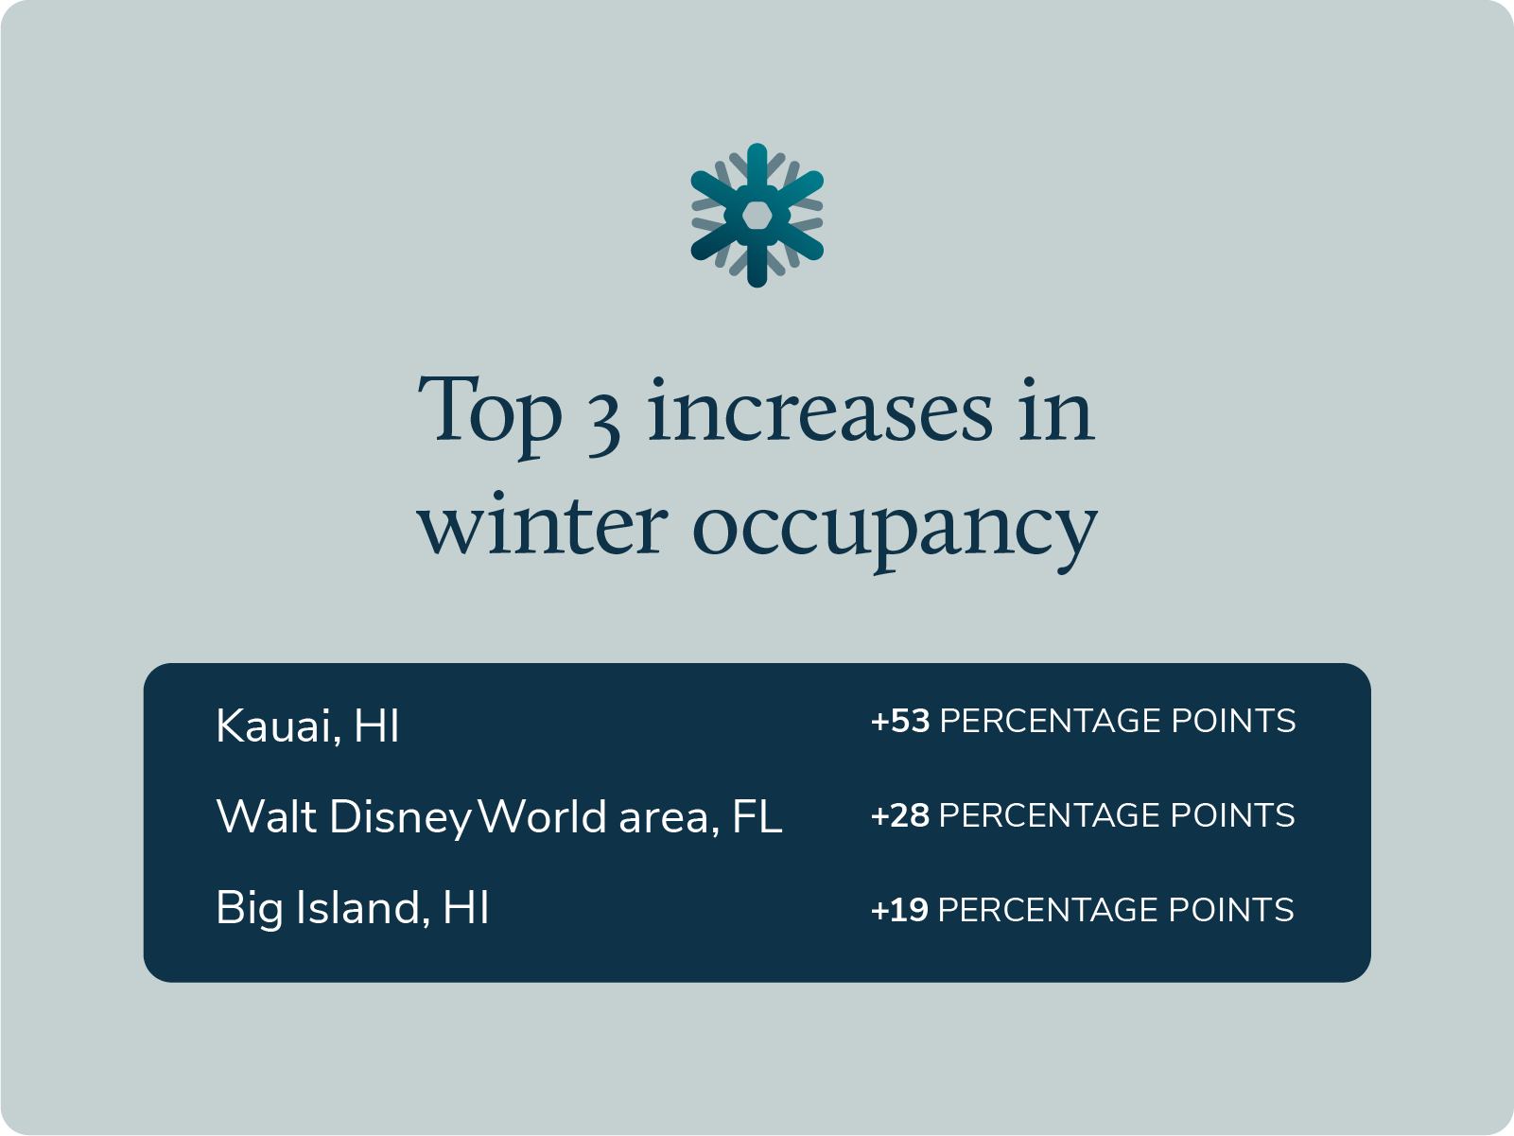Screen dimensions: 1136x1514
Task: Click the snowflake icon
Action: [757, 216]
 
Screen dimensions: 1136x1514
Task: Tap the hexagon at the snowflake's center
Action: [757, 216]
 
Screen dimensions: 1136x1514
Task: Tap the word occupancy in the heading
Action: [895, 530]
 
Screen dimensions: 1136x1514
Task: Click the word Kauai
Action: [273, 725]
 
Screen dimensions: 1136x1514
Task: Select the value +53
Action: [900, 721]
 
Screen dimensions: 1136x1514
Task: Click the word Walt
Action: [266, 816]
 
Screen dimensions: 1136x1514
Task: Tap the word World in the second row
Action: [542, 816]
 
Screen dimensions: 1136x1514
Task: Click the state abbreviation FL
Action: [757, 816]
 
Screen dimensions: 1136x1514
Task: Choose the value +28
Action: [900, 815]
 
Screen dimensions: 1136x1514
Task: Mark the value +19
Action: [899, 910]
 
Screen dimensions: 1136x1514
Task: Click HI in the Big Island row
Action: [465, 907]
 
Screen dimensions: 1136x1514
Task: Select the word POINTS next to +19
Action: [1231, 910]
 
